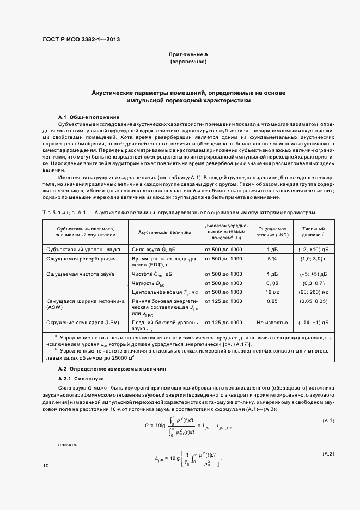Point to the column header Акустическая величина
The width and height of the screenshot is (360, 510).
[164, 232]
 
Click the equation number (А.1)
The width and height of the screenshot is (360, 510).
[328, 421]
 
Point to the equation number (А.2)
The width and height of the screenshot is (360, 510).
[328, 454]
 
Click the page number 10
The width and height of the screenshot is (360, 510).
[45, 466]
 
